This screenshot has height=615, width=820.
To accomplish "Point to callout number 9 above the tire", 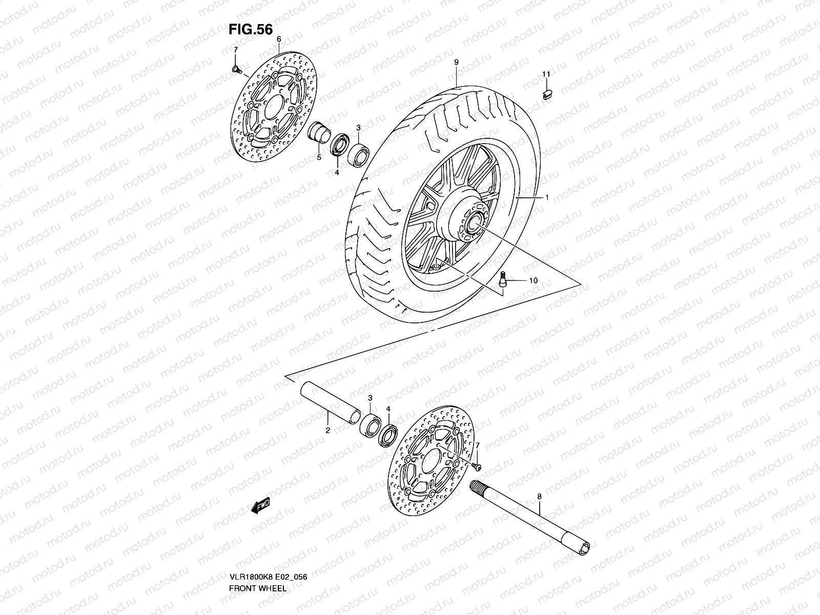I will pos(456,62).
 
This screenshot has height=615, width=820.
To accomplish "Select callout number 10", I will pos(533,280).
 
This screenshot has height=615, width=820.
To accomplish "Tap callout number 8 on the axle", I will pos(539,497).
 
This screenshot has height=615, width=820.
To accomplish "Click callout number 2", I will pos(327,430).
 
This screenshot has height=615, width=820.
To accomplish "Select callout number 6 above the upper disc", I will pos(279,39).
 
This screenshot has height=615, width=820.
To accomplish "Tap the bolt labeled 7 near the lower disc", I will pos(477,465).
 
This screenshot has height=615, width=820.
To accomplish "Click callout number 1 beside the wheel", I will pos(547,197).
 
